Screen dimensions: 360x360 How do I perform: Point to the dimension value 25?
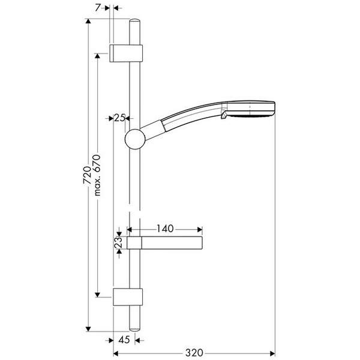[119, 118]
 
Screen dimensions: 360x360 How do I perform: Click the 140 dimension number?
[164, 229]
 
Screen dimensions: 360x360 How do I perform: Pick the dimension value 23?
[119, 242]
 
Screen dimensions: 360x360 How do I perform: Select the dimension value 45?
[125, 340]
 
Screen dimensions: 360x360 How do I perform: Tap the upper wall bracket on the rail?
[127, 53]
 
